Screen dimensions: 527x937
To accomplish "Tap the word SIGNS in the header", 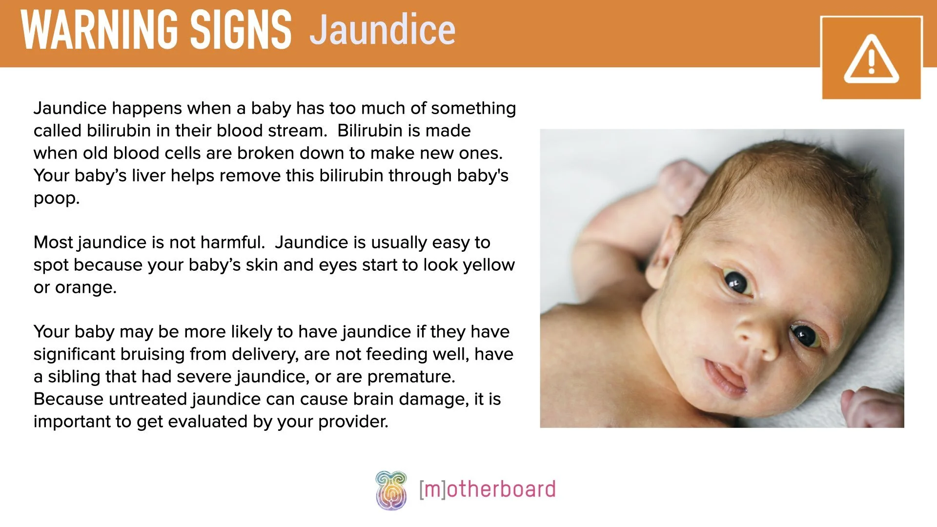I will point(241,30).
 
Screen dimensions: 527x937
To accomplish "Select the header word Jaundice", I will point(383,30).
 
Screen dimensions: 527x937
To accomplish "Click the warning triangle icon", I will point(871,59).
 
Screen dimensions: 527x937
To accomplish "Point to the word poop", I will point(56,199).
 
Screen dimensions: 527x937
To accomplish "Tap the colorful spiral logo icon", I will point(391,490).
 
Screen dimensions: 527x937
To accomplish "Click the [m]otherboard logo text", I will point(487,489).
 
